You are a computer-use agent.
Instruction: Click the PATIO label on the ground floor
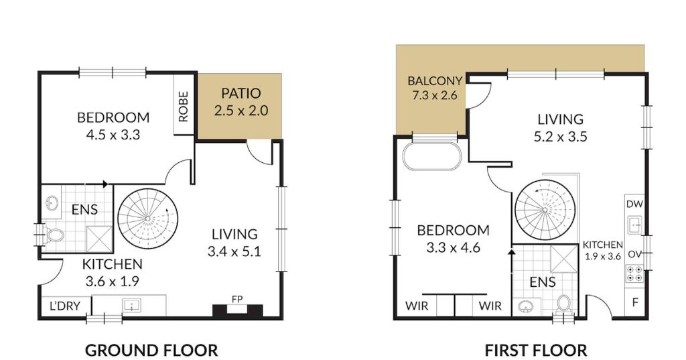click(241, 93)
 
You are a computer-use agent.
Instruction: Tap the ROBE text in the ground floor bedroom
click(184, 106)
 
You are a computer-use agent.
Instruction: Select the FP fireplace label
click(236, 299)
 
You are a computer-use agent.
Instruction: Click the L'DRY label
click(65, 306)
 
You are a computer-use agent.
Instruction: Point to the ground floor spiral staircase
click(148, 219)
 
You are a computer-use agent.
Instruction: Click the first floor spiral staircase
click(545, 210)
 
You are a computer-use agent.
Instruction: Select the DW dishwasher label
click(634, 204)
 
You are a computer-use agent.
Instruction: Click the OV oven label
click(634, 255)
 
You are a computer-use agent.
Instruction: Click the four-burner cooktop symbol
click(634, 274)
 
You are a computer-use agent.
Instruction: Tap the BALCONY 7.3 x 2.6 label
click(434, 88)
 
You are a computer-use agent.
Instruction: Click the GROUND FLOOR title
click(151, 350)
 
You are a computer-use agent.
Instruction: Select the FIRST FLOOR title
click(536, 350)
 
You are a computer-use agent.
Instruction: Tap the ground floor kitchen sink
click(132, 306)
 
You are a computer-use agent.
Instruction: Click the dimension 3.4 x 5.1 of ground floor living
click(234, 252)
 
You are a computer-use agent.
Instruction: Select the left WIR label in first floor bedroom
click(416, 306)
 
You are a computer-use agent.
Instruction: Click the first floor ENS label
click(542, 282)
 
